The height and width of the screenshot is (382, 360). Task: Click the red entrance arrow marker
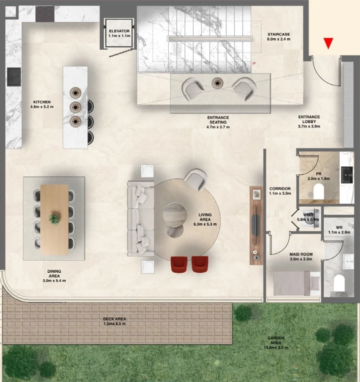[328, 43]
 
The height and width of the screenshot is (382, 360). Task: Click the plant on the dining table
[55, 219]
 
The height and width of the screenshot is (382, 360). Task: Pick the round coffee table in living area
[174, 214]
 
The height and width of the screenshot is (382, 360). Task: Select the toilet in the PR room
[319, 193]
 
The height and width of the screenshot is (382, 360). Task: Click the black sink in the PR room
[347, 175]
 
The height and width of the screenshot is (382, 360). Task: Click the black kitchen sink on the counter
[14, 77]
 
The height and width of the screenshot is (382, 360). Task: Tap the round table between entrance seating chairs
[217, 83]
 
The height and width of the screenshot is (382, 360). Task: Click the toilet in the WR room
[339, 283]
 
